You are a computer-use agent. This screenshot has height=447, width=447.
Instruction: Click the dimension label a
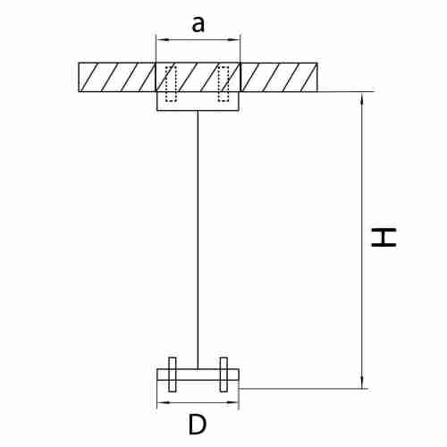click(x=198, y=24)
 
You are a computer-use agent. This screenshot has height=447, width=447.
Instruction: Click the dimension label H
click(x=384, y=237)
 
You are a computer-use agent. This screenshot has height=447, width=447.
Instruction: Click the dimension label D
click(x=198, y=425)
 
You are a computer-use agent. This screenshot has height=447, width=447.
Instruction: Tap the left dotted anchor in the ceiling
click(x=171, y=84)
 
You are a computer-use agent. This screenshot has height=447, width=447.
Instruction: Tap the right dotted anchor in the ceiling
click(x=223, y=84)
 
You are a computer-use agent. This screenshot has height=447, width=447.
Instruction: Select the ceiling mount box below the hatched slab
click(x=198, y=101)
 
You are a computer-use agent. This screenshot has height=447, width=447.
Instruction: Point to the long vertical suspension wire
click(x=198, y=240)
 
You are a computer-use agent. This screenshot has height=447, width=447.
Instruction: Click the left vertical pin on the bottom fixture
click(x=173, y=375)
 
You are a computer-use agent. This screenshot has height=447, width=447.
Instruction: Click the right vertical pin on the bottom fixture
click(x=223, y=375)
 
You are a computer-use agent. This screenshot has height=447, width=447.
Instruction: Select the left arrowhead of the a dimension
click(x=161, y=39)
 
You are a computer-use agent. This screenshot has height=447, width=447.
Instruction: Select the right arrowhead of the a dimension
click(x=235, y=39)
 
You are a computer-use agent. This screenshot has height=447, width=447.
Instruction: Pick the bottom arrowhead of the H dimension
click(x=362, y=384)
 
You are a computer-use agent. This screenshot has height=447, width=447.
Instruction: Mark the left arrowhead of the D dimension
click(x=161, y=402)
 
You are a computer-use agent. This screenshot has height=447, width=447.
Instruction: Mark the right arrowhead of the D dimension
click(x=234, y=402)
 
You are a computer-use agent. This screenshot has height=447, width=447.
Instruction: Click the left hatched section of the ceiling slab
click(x=117, y=77)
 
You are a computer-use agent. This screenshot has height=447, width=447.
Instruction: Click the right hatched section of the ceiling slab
click(x=279, y=77)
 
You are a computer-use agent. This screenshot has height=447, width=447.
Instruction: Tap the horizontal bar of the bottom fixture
click(x=198, y=375)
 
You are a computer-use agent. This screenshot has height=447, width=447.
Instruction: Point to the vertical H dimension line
click(x=362, y=240)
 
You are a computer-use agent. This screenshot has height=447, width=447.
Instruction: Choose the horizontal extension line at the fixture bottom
click(x=304, y=389)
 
